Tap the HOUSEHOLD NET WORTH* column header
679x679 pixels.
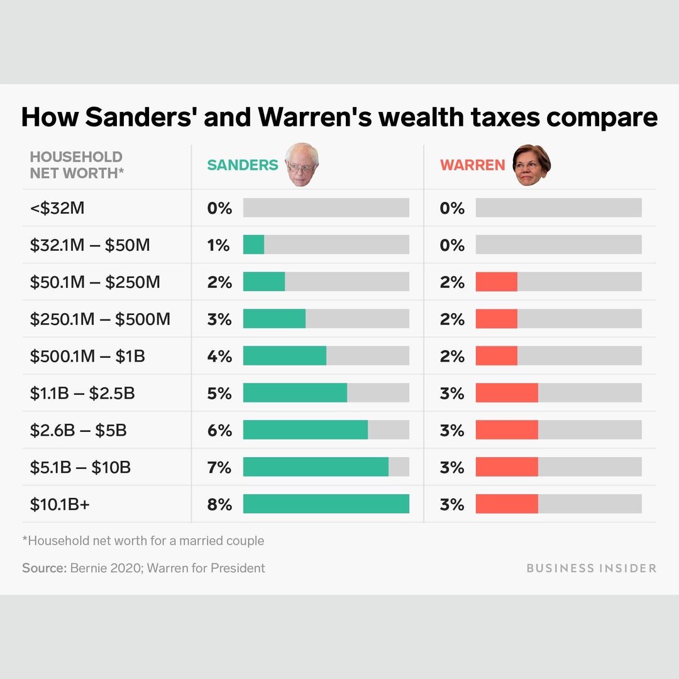76,165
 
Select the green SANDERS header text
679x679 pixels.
243,165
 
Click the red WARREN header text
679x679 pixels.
473,165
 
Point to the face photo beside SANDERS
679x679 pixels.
302,164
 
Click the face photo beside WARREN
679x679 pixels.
531,164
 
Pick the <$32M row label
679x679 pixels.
57,208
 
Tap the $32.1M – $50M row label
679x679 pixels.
90,245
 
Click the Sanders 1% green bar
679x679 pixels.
253,245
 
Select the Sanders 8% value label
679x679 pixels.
219,504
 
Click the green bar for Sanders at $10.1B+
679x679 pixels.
326,504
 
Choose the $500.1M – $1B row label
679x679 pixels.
87,356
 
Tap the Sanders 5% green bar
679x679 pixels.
295,393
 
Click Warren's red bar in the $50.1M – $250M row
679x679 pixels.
496,282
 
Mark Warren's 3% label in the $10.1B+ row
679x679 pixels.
452,504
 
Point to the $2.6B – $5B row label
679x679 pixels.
79,431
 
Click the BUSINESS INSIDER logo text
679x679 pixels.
591,568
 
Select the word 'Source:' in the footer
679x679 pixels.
44,568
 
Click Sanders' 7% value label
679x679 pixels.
219,468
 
